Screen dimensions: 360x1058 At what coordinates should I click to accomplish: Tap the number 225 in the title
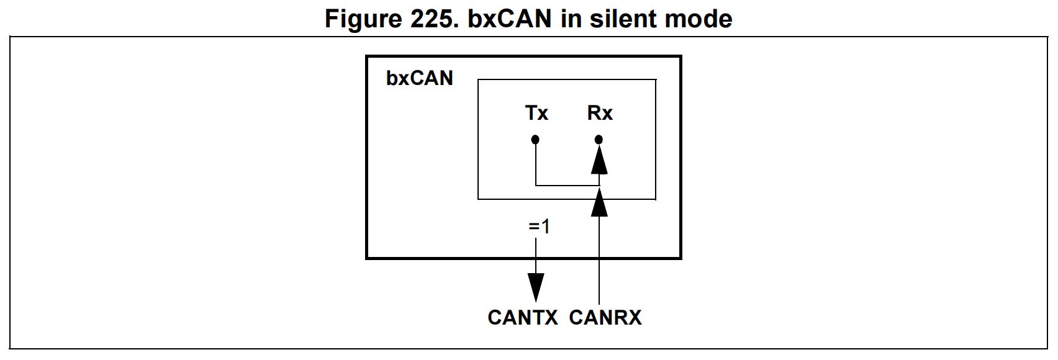click(434, 19)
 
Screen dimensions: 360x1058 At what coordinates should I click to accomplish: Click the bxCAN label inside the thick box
click(420, 78)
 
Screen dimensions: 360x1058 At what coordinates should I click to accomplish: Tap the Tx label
click(536, 113)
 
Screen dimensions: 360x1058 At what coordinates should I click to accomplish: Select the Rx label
click(600, 113)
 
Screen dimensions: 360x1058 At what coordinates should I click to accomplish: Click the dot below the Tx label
click(535, 140)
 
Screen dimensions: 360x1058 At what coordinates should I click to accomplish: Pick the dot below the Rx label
click(599, 140)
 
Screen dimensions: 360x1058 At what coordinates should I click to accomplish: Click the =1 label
click(539, 227)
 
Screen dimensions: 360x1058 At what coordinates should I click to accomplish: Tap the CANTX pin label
click(523, 317)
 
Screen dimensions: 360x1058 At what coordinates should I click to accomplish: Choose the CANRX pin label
click(605, 317)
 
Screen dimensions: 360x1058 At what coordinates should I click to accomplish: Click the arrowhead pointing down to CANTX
click(536, 287)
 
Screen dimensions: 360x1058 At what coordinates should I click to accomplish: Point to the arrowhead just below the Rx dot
click(599, 161)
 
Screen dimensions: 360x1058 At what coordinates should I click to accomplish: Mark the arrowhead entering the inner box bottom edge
click(599, 204)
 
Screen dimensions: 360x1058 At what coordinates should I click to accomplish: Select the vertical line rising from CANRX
click(599, 261)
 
